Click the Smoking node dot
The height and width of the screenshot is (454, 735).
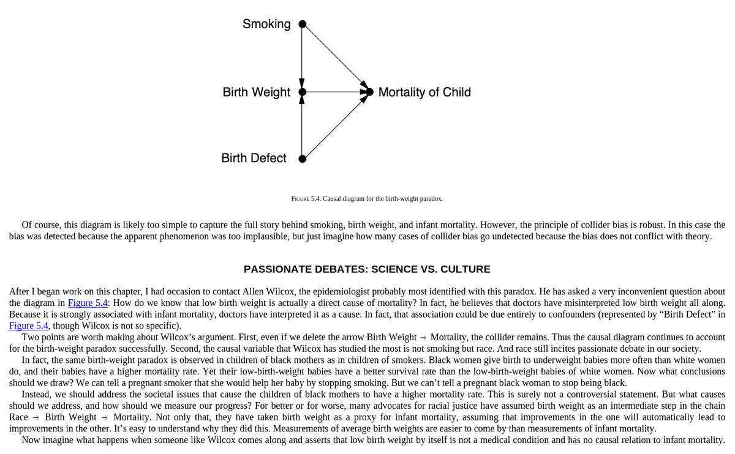302,24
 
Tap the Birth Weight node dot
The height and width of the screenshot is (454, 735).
302,92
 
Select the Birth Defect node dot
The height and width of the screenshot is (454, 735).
302,159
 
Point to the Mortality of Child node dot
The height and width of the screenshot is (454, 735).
369,92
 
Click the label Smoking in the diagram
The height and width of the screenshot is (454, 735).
266,24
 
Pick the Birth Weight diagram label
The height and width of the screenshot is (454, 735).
256,92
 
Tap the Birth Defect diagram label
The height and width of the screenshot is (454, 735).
254,158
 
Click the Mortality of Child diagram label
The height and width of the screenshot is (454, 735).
424,92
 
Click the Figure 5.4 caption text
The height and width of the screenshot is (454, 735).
367,199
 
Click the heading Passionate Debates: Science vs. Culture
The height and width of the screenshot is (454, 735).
367,269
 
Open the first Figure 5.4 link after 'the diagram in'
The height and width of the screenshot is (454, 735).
88,303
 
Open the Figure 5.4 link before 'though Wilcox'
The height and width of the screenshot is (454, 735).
28,326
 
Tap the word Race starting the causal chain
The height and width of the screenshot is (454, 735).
18,417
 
